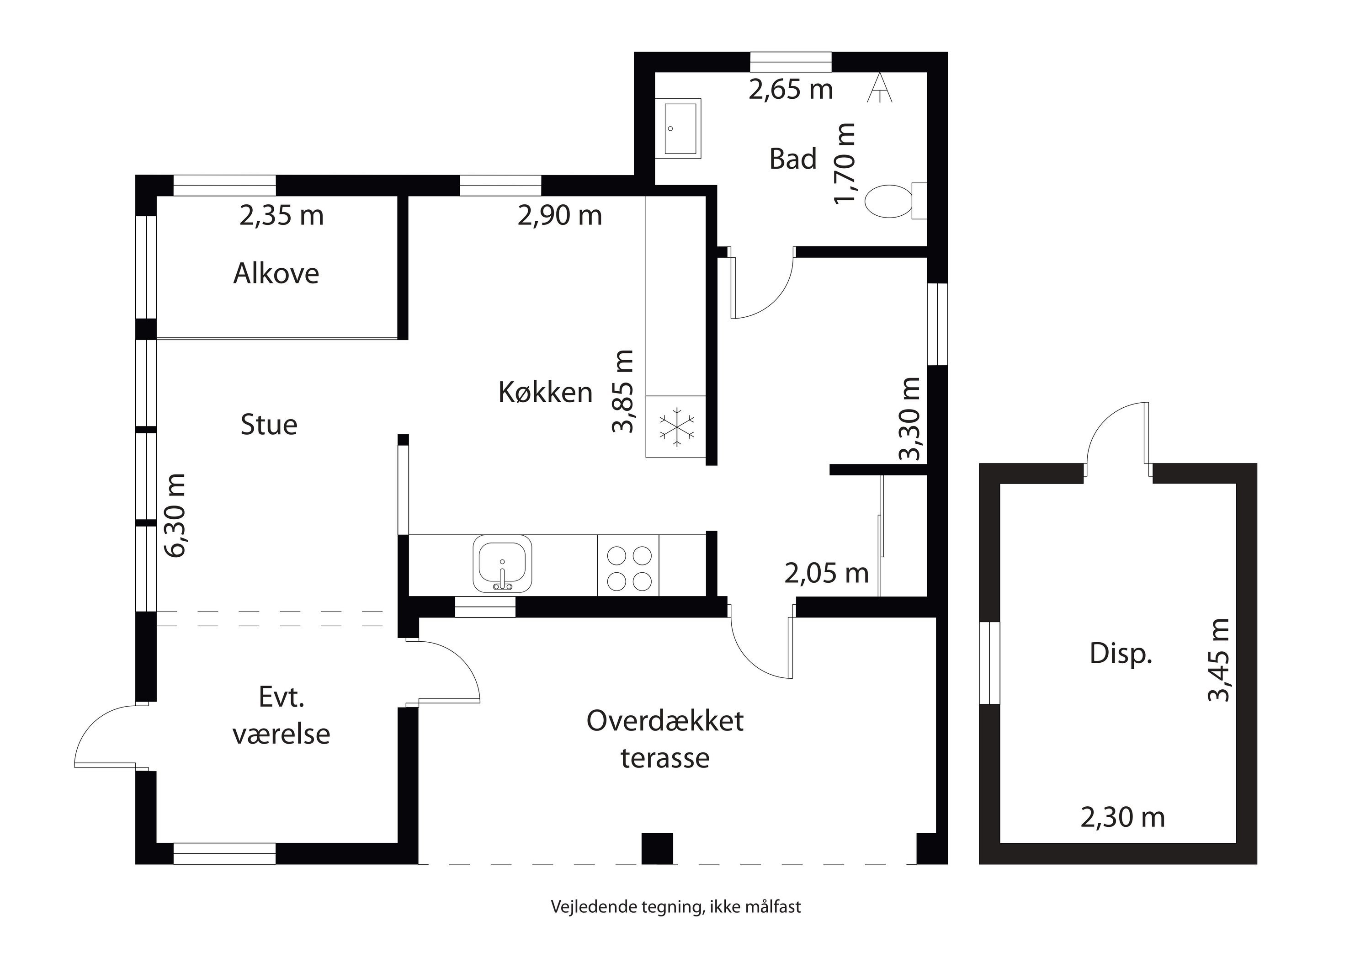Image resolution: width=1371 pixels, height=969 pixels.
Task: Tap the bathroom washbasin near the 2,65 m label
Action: (678, 128)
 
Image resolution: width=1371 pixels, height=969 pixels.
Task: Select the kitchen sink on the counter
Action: (502, 564)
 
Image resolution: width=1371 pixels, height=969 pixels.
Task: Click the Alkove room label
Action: (276, 273)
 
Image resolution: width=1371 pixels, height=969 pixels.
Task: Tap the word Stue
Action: (269, 425)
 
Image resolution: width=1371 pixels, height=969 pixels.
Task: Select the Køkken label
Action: (545, 392)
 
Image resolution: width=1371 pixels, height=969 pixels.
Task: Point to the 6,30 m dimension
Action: (176, 515)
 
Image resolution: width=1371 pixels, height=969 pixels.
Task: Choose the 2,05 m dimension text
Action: (826, 573)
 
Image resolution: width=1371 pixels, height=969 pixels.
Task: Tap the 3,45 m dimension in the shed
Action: (1218, 660)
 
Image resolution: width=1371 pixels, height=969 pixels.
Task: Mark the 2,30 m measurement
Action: (1122, 817)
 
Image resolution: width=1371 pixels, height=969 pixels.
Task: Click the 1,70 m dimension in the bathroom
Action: (845, 163)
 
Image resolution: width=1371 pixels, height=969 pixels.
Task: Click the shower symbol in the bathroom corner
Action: (880, 88)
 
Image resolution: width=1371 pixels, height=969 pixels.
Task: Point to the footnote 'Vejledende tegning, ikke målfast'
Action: (676, 907)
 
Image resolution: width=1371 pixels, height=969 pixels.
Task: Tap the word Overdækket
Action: (665, 721)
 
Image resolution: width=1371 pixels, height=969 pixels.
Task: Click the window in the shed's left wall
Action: (989, 663)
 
